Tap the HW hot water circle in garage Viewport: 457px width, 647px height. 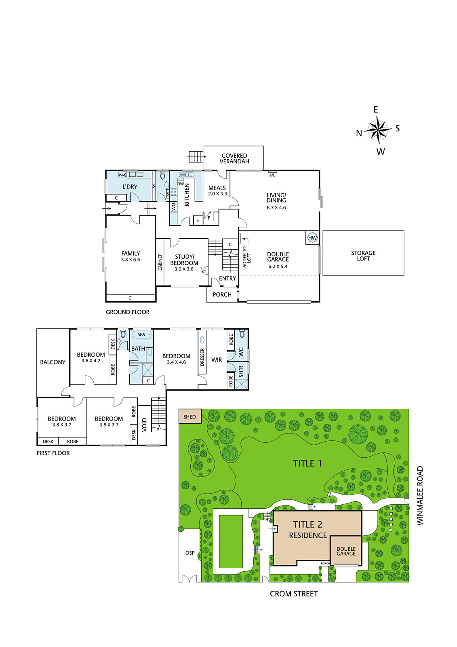click(312, 238)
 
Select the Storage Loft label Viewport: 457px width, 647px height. click(363, 256)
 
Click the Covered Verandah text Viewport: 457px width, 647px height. click(234, 159)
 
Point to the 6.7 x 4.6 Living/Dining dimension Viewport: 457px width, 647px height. click(276, 207)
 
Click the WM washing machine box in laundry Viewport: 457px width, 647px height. click(122, 175)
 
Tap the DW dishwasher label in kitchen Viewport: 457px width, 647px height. click(181, 184)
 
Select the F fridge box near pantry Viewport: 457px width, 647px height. click(198, 220)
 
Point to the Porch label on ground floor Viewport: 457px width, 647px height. click(222, 294)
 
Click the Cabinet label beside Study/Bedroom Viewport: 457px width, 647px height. click(160, 262)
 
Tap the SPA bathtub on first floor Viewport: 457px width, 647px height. click(141, 334)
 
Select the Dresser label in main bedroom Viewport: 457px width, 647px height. click(202, 357)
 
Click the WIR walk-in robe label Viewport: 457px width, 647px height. click(217, 359)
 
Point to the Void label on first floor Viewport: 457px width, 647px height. click(144, 425)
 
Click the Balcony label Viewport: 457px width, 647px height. click(53, 362)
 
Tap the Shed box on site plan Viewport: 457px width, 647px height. click(190, 417)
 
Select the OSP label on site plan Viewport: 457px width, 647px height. click(190, 553)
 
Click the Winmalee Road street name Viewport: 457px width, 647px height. click(420, 496)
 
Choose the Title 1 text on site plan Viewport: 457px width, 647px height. click(307, 463)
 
